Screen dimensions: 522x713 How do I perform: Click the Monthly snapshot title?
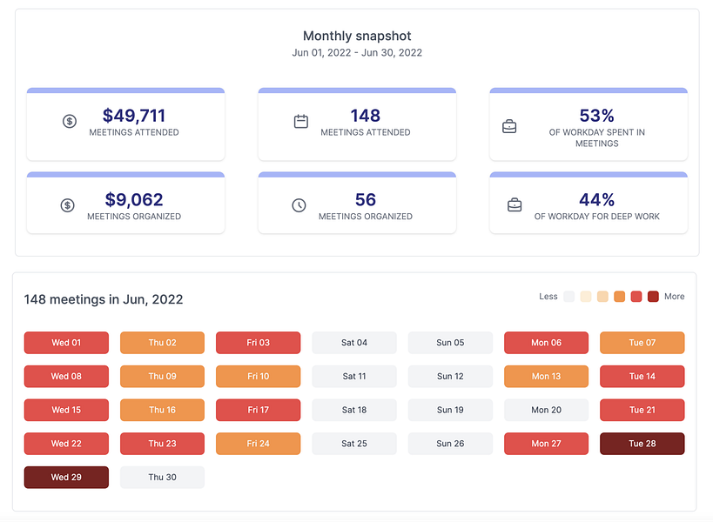pyautogui.click(x=357, y=36)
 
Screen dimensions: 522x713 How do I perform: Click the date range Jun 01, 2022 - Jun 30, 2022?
pyautogui.click(x=357, y=52)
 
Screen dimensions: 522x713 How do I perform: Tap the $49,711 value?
pyautogui.click(x=133, y=116)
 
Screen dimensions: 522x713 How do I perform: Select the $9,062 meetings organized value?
pyautogui.click(x=133, y=200)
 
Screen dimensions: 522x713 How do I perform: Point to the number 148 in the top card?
pyautogui.click(x=365, y=116)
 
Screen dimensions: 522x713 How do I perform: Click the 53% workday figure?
pyautogui.click(x=596, y=116)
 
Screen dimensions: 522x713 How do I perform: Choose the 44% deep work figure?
pyautogui.click(x=596, y=200)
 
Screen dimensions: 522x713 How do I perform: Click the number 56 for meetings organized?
pyautogui.click(x=365, y=200)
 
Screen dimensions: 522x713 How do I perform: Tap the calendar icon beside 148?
pyautogui.click(x=301, y=122)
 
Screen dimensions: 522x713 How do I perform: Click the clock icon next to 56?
pyautogui.click(x=299, y=205)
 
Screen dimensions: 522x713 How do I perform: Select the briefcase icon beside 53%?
pyautogui.click(x=510, y=126)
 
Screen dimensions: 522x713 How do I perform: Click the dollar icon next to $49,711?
pyautogui.click(x=70, y=122)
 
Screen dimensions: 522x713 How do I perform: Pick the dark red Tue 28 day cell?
pyautogui.click(x=642, y=444)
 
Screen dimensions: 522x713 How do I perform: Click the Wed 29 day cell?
pyautogui.click(x=66, y=478)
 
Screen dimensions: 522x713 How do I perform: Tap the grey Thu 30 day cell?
pyautogui.click(x=162, y=478)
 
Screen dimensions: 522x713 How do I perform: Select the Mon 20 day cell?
pyautogui.click(x=546, y=410)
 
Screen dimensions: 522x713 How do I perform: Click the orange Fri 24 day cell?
pyautogui.click(x=258, y=444)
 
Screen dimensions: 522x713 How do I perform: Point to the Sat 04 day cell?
pyautogui.click(x=353, y=343)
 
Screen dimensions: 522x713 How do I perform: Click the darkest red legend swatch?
pyautogui.click(x=653, y=297)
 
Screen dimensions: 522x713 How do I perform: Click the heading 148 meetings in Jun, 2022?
pyautogui.click(x=104, y=299)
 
